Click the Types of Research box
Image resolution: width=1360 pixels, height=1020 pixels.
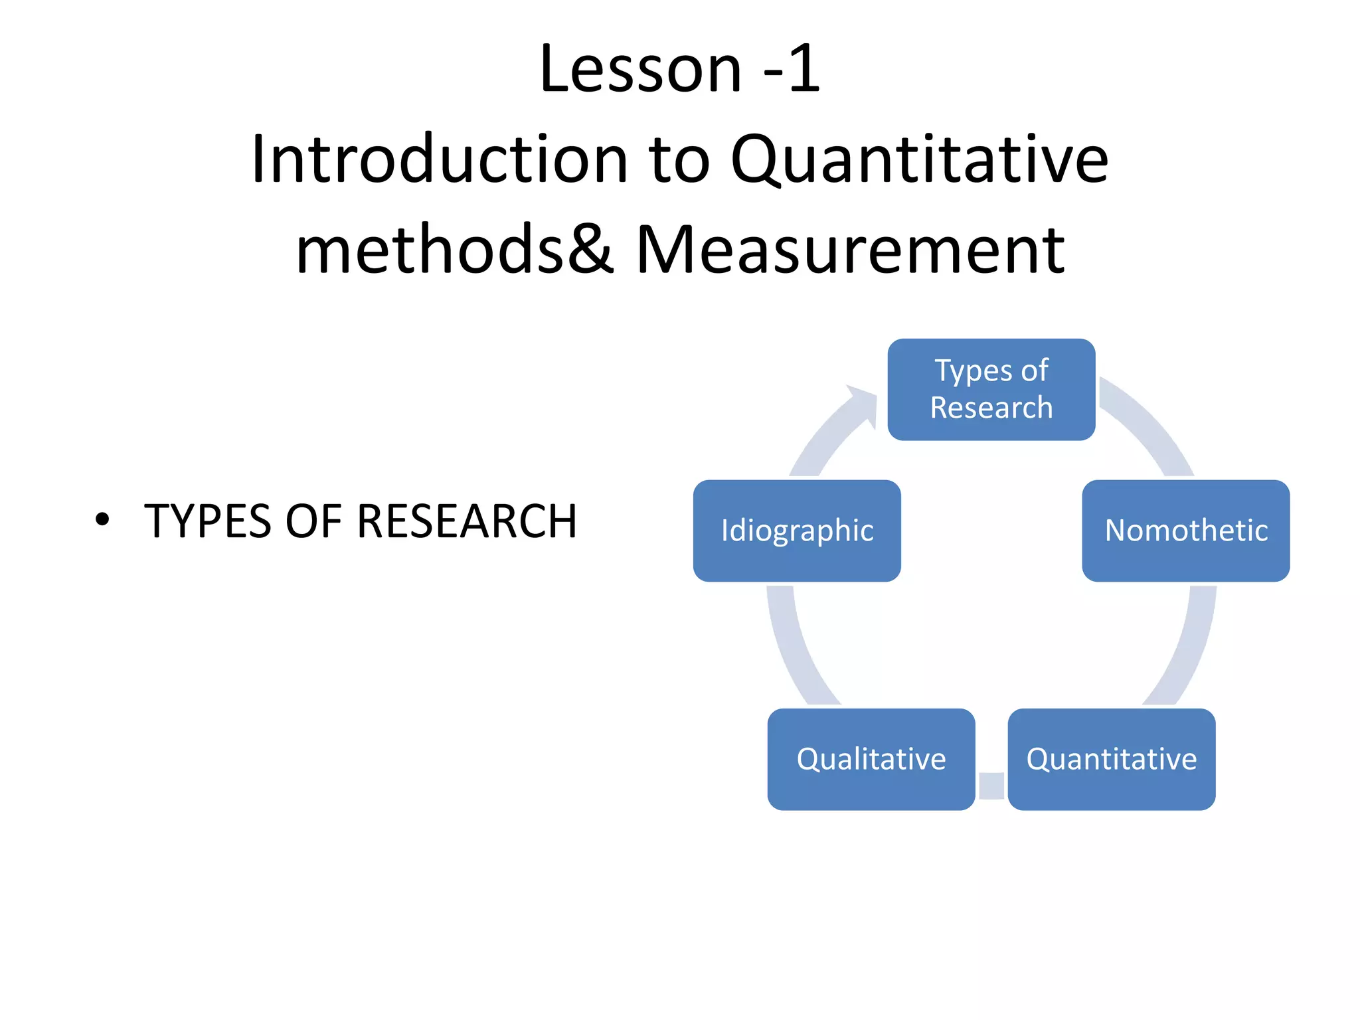point(991,389)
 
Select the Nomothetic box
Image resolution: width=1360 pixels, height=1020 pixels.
point(1185,531)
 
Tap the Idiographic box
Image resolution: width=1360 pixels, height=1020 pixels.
point(797,531)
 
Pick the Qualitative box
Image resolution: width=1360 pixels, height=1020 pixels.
point(871,759)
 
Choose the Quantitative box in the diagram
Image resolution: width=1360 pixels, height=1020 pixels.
point(1111,759)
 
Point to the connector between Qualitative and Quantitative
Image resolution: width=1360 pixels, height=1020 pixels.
point(991,786)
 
